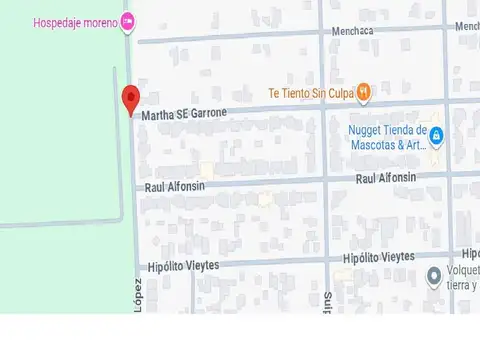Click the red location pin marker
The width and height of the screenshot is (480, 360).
130,100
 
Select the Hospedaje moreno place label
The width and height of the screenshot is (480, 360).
76,22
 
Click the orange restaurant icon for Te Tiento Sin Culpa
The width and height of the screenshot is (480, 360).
364,93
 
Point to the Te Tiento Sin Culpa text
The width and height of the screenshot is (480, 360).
311,94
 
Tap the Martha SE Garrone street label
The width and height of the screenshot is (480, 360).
184,114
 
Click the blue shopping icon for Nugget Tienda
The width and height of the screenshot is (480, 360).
437,136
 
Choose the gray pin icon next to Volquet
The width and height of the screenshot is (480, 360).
434,275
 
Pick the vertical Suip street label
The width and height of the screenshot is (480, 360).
327,300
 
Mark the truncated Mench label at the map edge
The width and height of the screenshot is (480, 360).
466,26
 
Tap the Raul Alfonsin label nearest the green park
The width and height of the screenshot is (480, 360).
175,187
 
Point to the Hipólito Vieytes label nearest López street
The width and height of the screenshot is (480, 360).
183,266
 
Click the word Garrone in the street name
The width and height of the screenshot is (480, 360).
206,113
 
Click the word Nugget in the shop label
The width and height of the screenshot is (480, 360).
366,130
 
